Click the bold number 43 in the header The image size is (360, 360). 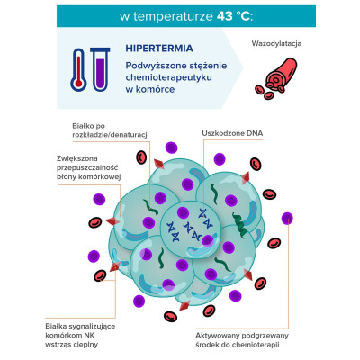point(224,16)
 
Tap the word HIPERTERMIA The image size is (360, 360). point(159,49)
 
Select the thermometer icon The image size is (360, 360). point(78,70)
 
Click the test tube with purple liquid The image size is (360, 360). point(100,69)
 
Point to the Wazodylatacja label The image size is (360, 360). point(276,43)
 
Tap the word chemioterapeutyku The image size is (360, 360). point(169,77)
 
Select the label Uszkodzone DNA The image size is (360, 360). point(232,133)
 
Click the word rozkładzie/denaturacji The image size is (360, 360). point(111,135)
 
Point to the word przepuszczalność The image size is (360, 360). point(87,167)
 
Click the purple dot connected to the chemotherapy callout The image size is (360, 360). point(287,218)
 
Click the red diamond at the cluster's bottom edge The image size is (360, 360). point(184,305)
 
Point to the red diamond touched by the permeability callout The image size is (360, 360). point(113,221)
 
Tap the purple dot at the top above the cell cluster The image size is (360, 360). point(171,148)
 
